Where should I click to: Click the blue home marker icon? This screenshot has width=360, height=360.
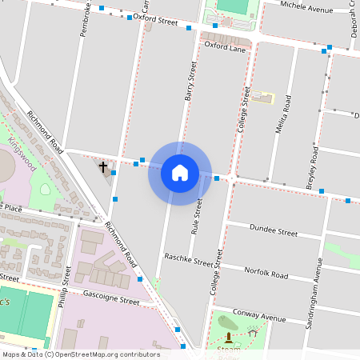[x=180, y=173]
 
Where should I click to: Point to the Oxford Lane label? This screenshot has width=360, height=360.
[x=224, y=46]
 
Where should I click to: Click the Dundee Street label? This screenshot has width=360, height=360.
[x=274, y=231]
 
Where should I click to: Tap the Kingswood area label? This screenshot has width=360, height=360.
[x=23, y=150]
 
